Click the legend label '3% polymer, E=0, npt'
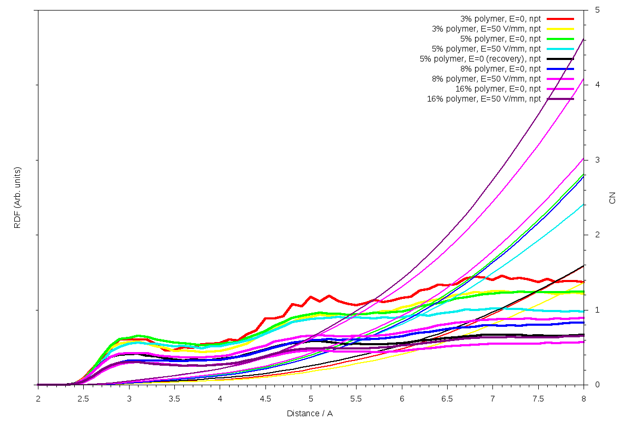500,18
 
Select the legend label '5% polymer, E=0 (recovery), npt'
480,58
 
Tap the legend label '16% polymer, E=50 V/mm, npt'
483,98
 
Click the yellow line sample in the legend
560,28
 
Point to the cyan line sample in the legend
560,48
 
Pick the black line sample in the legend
560,58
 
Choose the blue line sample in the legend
560,68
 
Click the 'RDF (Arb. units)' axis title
17,197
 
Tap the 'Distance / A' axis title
310,414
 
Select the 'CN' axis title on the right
612,197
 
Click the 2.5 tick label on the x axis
83,399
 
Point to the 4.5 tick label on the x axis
265,399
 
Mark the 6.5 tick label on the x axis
447,399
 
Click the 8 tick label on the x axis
584,399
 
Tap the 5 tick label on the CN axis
597,10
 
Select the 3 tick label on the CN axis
597,160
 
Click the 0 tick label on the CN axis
597,385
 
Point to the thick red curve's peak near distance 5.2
329,296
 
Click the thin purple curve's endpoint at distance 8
584,38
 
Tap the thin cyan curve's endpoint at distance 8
584,204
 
